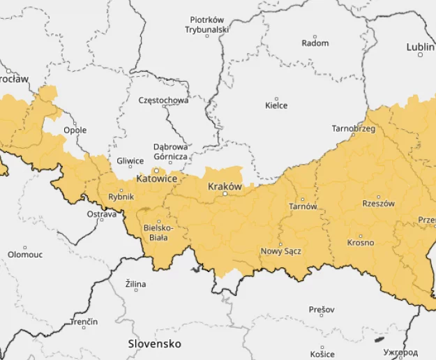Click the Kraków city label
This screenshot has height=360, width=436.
point(225,187)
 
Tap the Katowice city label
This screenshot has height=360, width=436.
point(156,179)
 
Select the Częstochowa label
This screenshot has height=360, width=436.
point(163,100)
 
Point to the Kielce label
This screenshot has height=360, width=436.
point(276,106)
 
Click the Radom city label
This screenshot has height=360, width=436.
point(315,43)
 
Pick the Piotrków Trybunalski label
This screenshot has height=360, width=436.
point(206,25)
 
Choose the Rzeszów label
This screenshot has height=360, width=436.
point(379,204)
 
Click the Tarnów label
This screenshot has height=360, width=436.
point(303,207)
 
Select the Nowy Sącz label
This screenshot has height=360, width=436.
point(280,251)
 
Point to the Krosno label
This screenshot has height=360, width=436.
point(360,243)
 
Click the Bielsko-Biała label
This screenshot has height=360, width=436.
point(158,232)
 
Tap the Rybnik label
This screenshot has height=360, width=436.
point(121,197)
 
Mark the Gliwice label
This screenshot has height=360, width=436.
point(130,161)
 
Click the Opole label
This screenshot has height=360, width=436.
point(75,130)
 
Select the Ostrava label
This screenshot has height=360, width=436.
point(102,214)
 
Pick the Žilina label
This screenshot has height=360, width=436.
point(135,285)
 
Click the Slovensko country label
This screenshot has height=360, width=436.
point(154,344)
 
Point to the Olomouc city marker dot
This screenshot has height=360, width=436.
point(25,247)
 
